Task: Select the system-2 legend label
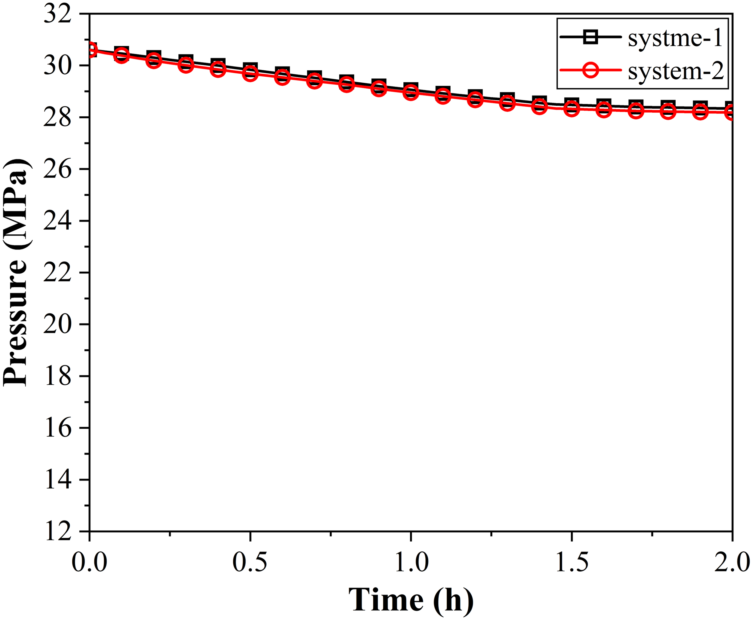(x=676, y=72)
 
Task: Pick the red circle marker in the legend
(x=590, y=70)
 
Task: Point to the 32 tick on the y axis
(x=57, y=15)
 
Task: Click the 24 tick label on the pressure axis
(x=57, y=221)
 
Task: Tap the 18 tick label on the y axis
(x=57, y=377)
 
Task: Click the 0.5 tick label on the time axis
(x=250, y=563)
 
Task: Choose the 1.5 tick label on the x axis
(x=572, y=563)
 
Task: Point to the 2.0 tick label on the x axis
(x=732, y=563)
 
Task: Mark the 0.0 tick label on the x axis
(x=89, y=563)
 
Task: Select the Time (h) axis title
(x=411, y=600)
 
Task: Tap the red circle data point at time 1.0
(x=411, y=93)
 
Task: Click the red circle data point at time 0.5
(x=250, y=74)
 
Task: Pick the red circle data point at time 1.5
(x=572, y=108)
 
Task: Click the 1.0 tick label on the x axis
(x=411, y=563)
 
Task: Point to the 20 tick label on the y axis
(x=57, y=325)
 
